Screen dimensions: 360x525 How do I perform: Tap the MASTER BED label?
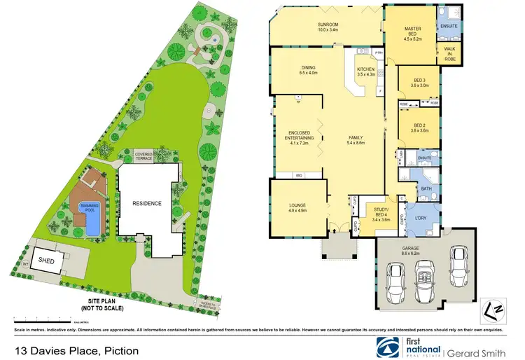tap(412, 32)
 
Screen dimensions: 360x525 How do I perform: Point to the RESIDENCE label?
tap(148, 204)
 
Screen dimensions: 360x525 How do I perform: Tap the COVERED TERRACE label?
tap(143, 157)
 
